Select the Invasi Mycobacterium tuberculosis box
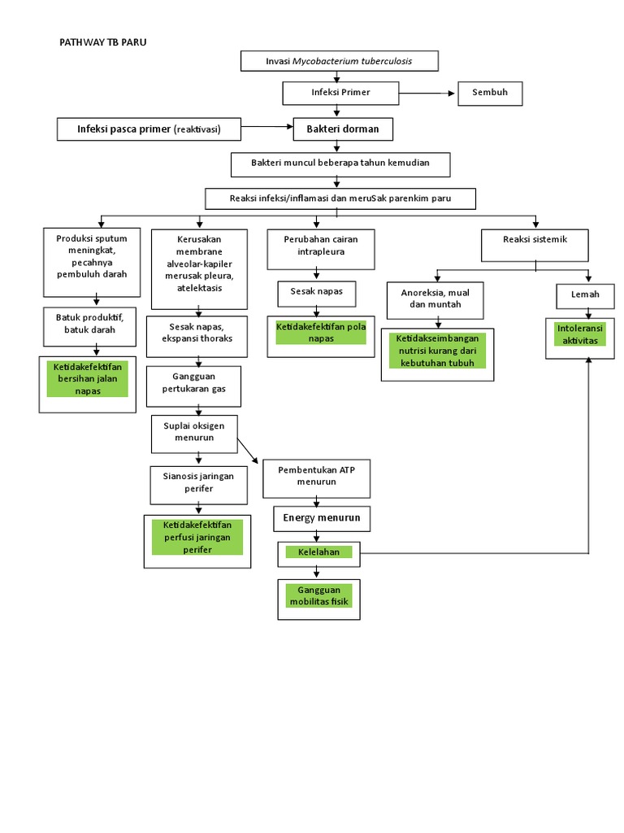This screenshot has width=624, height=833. (340, 61)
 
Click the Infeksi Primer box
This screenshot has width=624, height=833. (340, 93)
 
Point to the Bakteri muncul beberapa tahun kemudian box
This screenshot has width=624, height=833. (340, 164)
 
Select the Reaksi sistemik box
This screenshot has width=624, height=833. (535, 240)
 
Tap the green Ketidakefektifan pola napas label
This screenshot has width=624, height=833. (321, 332)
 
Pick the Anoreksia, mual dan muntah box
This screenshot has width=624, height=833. (435, 299)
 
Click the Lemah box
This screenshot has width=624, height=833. (584, 294)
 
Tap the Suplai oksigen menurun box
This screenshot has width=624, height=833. (193, 432)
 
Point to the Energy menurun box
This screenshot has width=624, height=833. (322, 518)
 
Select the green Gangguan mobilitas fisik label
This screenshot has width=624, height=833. (318, 596)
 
